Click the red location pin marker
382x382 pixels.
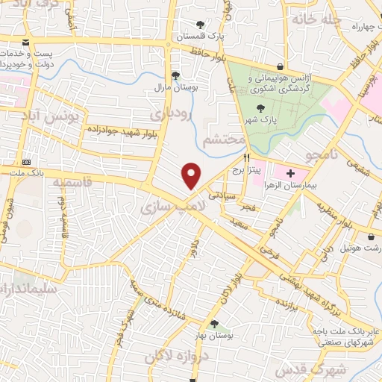pyautogui.click(x=192, y=176)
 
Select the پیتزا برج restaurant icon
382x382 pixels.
pyautogui.click(x=246, y=157)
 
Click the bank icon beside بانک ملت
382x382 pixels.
pyautogui.click(x=28, y=162)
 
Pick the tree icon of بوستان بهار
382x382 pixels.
pyautogui.click(x=215, y=324)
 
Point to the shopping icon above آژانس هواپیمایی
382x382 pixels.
pyautogui.click(x=280, y=67)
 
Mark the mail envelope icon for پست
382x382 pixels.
pyautogui.click(x=27, y=43)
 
